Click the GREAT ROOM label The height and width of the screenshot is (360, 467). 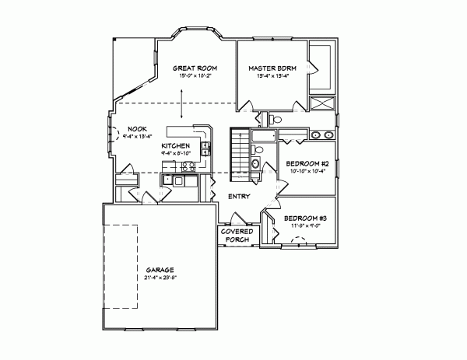coord(194,69)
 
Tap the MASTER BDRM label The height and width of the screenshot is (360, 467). coord(269,69)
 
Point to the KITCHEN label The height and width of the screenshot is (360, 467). coord(175,145)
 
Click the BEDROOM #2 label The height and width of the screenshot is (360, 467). coord(307,163)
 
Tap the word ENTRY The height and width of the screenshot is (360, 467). coord(239,197)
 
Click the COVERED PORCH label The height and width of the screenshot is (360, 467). coord(236,236)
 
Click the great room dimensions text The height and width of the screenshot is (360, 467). coord(194,77)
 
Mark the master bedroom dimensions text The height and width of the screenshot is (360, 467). coord(269,77)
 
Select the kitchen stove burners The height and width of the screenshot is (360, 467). coord(205,148)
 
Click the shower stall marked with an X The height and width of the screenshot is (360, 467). coord(321,104)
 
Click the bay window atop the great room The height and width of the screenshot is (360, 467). coord(194,37)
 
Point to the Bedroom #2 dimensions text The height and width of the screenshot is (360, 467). coord(307,171)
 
